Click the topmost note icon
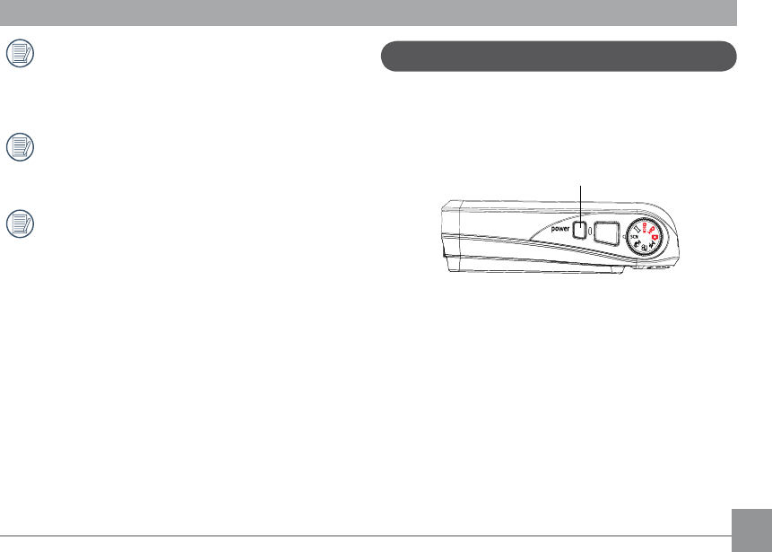21,53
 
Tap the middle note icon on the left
21,147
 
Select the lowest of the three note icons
21,223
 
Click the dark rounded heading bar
559,57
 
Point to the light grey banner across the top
369,13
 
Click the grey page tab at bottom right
751,530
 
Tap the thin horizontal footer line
366,536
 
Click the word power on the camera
560,229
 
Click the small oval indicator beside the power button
590,231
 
